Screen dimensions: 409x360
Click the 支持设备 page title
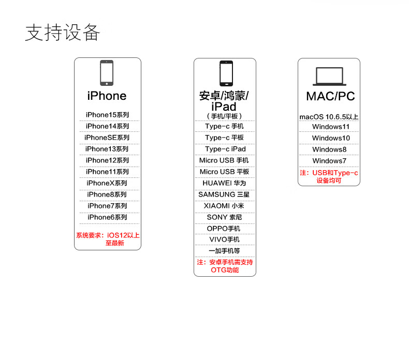63,32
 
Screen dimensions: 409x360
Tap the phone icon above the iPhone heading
107,73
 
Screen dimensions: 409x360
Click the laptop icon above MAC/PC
329,77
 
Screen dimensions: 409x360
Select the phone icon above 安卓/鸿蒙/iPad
226,73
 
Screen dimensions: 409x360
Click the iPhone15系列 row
107,115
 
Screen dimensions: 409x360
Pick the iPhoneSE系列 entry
107,138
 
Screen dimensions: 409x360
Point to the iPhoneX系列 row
107,183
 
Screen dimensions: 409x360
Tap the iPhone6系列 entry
107,217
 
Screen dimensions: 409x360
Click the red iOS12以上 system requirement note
108,239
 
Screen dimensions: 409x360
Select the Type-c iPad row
225,149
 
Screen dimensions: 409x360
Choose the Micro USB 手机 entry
224,160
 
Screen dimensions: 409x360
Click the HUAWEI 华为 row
224,183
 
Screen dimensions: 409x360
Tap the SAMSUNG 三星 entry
224,194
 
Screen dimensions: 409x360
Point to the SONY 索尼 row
224,217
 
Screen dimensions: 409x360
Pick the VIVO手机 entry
224,239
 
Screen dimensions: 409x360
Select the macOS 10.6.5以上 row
329,117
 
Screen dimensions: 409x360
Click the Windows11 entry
331,127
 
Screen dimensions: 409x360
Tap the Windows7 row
329,161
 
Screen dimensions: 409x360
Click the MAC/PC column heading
330,96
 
